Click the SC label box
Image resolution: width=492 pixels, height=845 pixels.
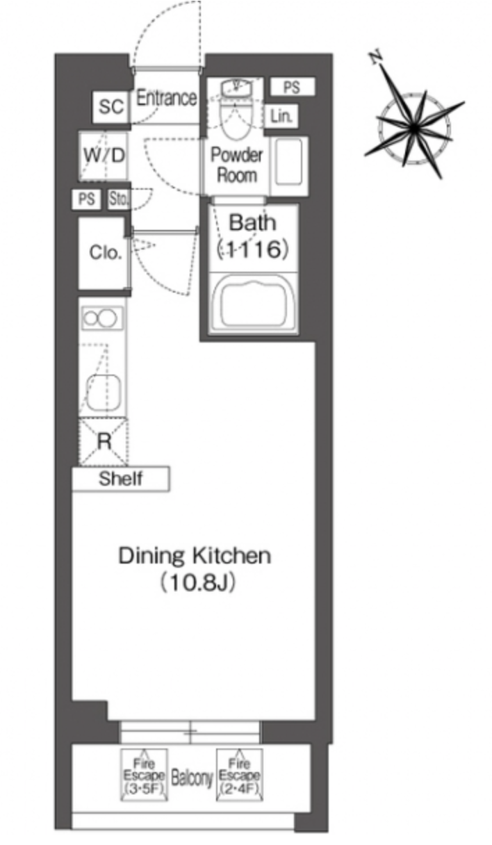111,107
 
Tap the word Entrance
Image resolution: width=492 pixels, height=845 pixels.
166,98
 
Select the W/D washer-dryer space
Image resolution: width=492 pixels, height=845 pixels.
104,156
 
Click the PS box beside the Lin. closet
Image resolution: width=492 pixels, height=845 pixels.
293,87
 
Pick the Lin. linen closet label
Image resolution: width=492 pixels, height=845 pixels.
281,116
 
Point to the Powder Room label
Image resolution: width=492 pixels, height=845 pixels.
236,165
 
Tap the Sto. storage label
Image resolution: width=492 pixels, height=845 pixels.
118,199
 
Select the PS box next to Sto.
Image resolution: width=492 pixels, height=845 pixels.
86,199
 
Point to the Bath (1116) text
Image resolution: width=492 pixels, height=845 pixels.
253,236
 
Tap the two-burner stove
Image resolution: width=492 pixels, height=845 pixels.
102,318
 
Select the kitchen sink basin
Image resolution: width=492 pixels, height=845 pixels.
104,393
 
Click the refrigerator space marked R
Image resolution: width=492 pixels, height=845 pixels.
104,442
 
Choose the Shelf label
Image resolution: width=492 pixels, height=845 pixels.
120,479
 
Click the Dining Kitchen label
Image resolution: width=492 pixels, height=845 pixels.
195,556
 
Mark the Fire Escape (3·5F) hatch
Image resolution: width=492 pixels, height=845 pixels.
144,776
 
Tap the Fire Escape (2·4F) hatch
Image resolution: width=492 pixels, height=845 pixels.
239,776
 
